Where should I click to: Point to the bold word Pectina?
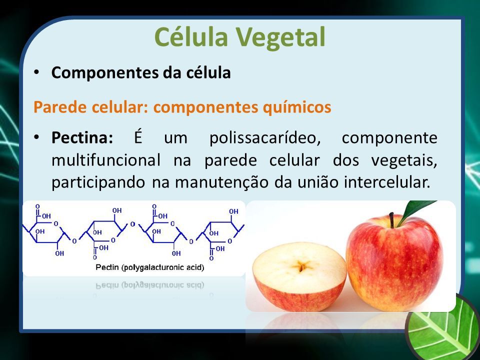point(82,137)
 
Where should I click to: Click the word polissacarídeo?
point(265,138)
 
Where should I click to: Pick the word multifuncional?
point(105,160)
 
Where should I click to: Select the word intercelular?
point(387,182)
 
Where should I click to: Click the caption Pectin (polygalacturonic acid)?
point(149,267)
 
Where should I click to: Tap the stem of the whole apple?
point(391,220)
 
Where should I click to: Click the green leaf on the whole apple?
point(416,211)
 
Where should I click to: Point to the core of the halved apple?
point(301,266)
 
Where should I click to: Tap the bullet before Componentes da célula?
point(36,73)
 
